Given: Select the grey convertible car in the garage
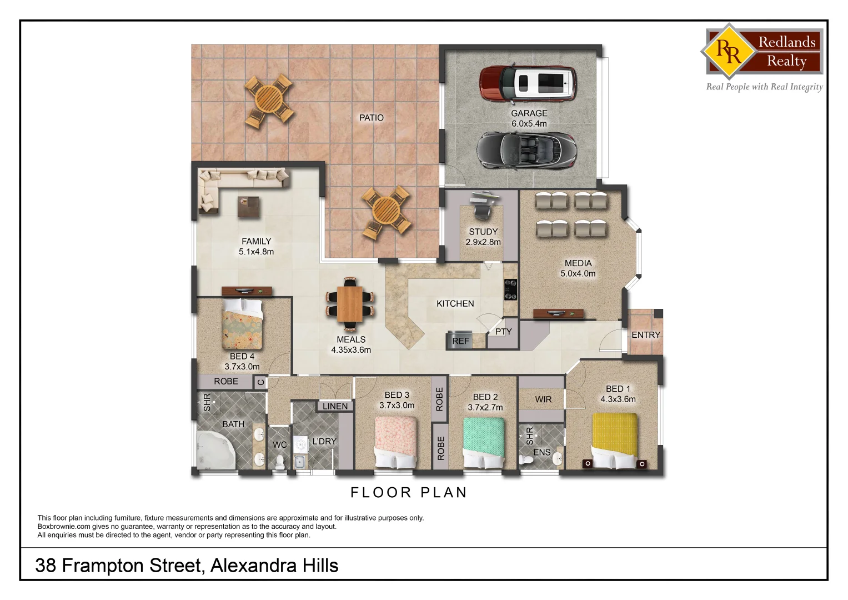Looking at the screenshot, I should tap(526, 150).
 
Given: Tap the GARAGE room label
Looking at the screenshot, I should tap(529, 113).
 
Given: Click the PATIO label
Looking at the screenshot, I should tap(371, 118).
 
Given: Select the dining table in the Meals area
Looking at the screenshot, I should tap(350, 303).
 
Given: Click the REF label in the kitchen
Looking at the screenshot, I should tap(460, 341).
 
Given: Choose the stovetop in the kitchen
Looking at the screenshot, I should tap(510, 289).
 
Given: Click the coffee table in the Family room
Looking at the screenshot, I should tap(249, 207).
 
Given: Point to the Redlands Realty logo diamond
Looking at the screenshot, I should tap(728, 52).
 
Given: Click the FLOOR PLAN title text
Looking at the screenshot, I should tap(409, 493).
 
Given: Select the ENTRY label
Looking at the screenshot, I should tap(646, 335).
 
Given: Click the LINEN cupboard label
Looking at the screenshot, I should tap(335, 407).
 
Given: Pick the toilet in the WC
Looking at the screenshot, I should tap(280, 461).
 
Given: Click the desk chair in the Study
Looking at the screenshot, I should tap(481, 211).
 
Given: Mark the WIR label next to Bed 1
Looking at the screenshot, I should tap(543, 399).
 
